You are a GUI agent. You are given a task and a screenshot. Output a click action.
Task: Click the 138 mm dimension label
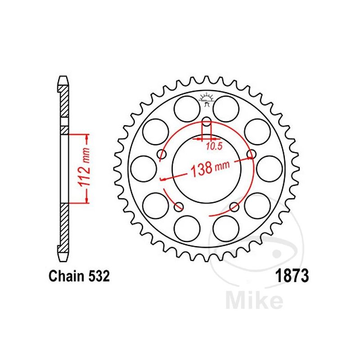210,169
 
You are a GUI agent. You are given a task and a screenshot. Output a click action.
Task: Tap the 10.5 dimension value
215,146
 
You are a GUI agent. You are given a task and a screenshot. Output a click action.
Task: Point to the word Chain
66,276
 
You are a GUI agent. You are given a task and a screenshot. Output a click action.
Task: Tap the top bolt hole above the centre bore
207,121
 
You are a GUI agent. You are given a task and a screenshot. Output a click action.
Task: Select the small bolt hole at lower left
179,207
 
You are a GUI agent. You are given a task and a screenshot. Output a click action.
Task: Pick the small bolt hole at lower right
234,207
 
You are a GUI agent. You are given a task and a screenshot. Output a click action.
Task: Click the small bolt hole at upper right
251,154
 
